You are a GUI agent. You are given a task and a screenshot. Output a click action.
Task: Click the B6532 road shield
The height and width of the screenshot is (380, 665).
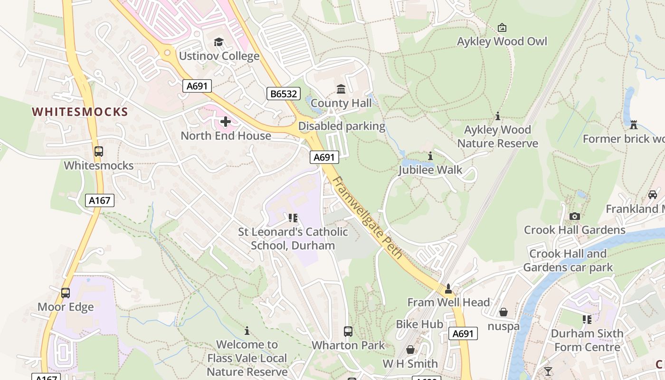coord(284,94)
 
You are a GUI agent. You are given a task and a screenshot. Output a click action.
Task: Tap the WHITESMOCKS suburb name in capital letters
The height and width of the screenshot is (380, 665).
coord(80,112)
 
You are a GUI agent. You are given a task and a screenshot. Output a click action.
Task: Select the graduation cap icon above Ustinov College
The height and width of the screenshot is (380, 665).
coord(218,42)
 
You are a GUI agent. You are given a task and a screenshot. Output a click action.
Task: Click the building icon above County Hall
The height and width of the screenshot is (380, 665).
coord(341,89)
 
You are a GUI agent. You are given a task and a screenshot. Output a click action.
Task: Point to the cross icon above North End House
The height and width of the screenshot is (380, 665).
coord(226,122)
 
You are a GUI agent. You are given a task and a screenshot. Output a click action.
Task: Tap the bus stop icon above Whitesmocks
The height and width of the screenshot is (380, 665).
coord(99,152)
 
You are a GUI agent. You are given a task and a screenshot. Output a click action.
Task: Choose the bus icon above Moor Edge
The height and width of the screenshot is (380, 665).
coord(66,293)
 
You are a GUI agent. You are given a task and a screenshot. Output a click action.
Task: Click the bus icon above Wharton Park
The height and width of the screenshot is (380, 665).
coord(348,331)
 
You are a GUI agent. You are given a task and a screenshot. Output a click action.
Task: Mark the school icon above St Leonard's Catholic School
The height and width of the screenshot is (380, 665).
coord(293,218)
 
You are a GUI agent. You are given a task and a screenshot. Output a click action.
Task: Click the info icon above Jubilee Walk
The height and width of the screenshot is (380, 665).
coord(430,156)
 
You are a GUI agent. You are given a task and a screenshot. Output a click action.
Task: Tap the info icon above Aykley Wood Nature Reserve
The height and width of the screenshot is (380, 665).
coord(498,116)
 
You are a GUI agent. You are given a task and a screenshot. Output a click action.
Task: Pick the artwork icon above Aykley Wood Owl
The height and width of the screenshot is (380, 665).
coord(502,28)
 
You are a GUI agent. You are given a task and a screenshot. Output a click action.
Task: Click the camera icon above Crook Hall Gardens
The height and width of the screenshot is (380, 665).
coord(575,216)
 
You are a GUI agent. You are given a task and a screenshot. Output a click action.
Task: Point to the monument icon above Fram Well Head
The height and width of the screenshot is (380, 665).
coord(448,288)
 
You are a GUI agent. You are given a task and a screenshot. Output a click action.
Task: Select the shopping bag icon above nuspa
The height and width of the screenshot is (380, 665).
coord(503,312)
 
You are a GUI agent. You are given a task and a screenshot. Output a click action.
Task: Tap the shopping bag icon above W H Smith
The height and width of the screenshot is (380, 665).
coord(410,350)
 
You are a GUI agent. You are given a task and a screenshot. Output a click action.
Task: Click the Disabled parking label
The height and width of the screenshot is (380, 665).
coord(342,126)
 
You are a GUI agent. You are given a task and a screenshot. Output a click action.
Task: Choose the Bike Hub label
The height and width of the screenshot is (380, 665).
coord(419,324)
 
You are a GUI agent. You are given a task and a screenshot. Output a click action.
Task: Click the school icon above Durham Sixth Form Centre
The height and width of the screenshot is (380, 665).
coord(587,320)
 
